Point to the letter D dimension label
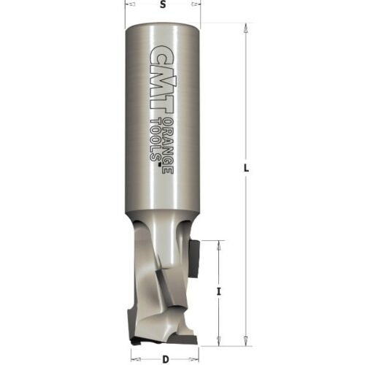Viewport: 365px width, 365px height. (166, 358)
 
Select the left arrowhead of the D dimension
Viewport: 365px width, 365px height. (134, 358)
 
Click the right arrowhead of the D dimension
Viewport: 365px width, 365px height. (195, 358)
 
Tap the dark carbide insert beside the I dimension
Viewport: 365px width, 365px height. (194, 257)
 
